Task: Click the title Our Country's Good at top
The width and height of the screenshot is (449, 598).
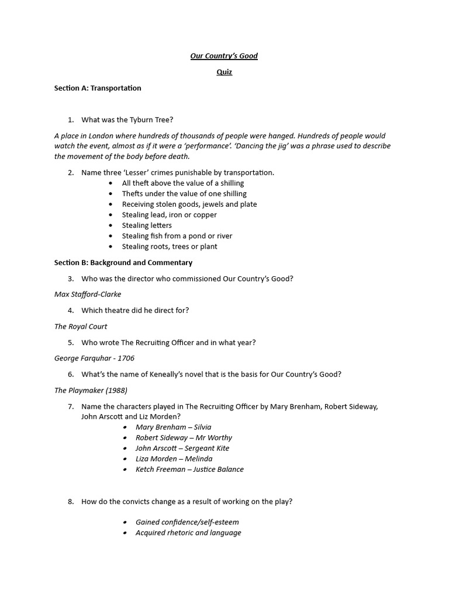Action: tap(224, 56)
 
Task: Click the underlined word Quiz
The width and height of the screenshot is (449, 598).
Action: tap(224, 72)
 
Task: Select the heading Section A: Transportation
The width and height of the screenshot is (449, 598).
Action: tap(98, 88)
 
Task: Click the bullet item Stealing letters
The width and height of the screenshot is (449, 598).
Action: tap(147, 225)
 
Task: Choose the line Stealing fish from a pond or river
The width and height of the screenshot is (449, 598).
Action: tap(177, 236)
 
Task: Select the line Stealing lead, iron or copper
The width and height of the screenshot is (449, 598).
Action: tap(169, 215)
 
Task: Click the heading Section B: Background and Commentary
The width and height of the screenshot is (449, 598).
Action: tap(123, 263)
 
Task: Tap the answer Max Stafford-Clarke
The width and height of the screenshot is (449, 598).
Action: tap(88, 294)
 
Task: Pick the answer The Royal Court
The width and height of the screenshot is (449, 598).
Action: tap(81, 326)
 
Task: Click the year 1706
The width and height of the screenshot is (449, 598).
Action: tap(126, 358)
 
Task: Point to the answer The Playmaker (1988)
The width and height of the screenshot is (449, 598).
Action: tap(91, 390)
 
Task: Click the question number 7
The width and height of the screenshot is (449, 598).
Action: tap(71, 406)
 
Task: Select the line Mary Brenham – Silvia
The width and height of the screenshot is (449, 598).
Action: tap(173, 427)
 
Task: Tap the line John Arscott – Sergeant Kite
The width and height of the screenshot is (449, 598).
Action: tap(182, 448)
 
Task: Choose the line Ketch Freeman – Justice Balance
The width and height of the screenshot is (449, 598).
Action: tap(189, 469)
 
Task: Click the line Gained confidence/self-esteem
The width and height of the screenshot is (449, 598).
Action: tap(187, 522)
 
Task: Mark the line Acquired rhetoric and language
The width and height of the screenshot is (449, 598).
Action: tap(188, 533)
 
